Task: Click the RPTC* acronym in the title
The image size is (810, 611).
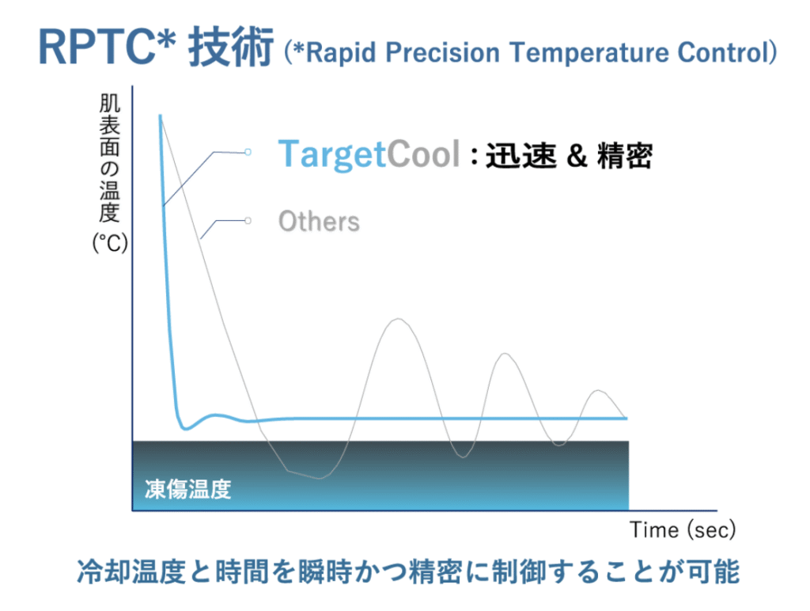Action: coord(108,47)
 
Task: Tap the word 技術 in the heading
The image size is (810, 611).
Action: coord(231,47)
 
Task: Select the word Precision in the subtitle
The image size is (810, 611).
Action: coord(443,53)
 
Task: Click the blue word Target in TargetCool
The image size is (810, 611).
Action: coord(332,154)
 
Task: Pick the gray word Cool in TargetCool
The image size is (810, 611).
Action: coord(423,154)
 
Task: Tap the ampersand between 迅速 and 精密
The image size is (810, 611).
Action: coord(577,156)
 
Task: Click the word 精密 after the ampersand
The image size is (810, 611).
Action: coord(625,156)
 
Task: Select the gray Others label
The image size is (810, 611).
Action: coord(319,222)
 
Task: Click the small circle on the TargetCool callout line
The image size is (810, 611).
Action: coord(248,152)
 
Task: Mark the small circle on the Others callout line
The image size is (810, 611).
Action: coord(248,221)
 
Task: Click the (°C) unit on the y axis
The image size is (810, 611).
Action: coord(109,242)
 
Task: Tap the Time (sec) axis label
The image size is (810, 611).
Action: coord(683,530)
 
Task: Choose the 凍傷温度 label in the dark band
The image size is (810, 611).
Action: coord(187,489)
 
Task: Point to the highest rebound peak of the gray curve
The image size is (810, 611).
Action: coord(399,319)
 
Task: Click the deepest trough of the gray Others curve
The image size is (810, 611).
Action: coord(319,478)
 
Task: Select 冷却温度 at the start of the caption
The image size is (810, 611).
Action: coord(131,571)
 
